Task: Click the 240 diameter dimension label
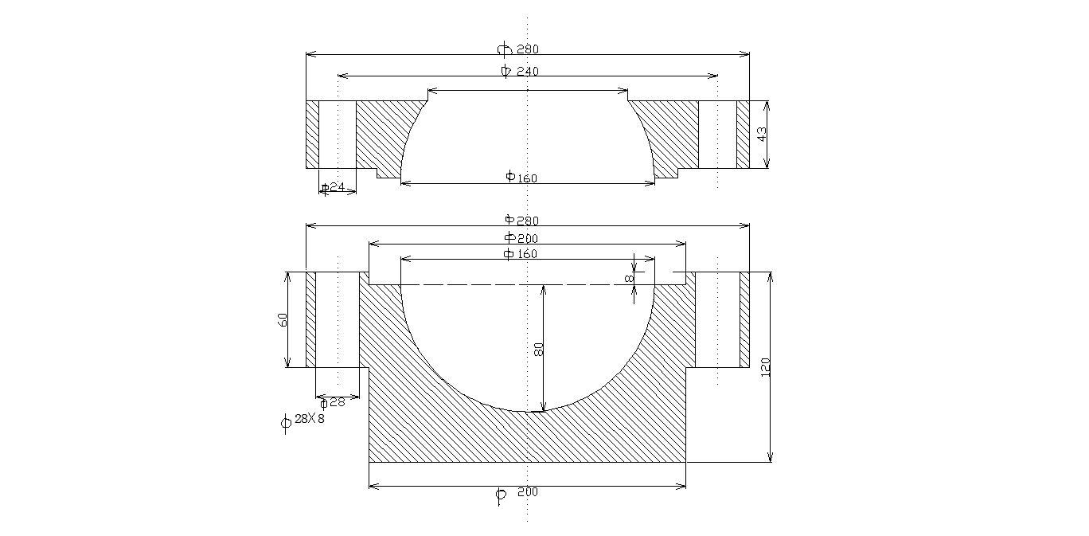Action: coord(528,72)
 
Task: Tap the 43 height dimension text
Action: coord(762,135)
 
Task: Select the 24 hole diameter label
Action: coord(337,187)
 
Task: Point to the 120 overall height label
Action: coord(765,367)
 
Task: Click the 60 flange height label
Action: coord(283,319)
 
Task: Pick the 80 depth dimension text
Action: coord(538,349)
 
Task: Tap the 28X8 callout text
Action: coord(309,418)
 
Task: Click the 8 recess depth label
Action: coord(629,278)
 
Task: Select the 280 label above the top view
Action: coord(528,49)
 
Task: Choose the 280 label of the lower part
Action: coord(528,221)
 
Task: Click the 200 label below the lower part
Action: coord(528,491)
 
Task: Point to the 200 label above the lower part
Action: coord(527,238)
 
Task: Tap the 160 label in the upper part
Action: coord(527,178)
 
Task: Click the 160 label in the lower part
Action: coord(527,254)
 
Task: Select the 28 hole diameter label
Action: coord(337,402)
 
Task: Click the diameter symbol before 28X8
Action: coord(286,422)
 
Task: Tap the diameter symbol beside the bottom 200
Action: coord(500,496)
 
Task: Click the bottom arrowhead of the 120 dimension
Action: coord(770,456)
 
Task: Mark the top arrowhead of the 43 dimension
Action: coord(767,106)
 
